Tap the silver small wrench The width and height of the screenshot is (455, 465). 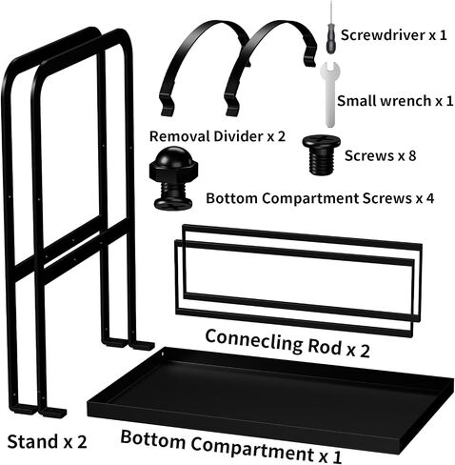(x=330, y=94)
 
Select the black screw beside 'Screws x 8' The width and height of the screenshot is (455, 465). (x=321, y=154)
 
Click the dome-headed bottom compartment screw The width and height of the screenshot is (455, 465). (x=173, y=178)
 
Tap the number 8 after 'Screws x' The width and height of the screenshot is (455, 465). (x=412, y=155)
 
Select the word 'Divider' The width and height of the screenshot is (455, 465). (x=238, y=136)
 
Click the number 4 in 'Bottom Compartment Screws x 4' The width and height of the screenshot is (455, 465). (x=429, y=198)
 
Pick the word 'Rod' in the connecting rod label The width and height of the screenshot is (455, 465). (x=325, y=346)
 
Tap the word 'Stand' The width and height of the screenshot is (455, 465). (x=32, y=441)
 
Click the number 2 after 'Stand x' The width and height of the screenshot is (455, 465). (x=82, y=442)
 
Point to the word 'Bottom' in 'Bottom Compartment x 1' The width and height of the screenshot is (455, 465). (x=153, y=439)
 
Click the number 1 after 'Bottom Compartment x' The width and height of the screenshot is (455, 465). (x=338, y=456)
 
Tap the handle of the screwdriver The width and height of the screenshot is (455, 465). (x=331, y=40)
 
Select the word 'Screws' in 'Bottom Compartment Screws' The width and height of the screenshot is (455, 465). (x=386, y=198)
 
